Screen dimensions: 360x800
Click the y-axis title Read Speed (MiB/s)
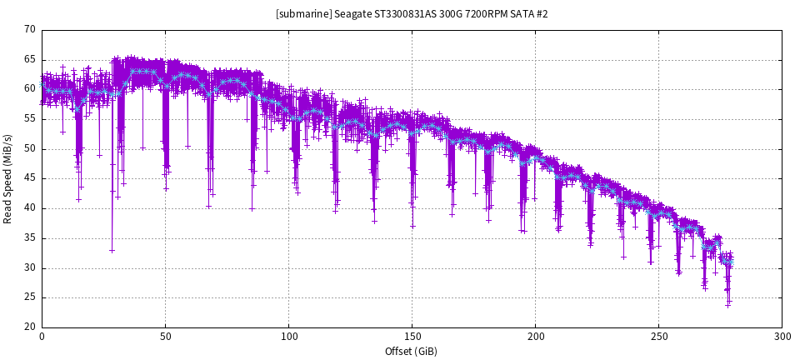[x=8, y=178]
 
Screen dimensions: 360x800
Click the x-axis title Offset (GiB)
[x=412, y=351]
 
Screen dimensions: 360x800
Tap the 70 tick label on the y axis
[x=30, y=30]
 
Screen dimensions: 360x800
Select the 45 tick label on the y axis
[x=30, y=178]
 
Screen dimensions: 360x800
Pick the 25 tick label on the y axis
[x=30, y=297]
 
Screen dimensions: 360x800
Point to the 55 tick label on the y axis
[x=30, y=119]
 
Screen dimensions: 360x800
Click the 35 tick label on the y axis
[x=30, y=238]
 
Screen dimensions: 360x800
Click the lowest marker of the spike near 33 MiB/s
[x=112, y=250]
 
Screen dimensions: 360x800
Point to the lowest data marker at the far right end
[x=727, y=305]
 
